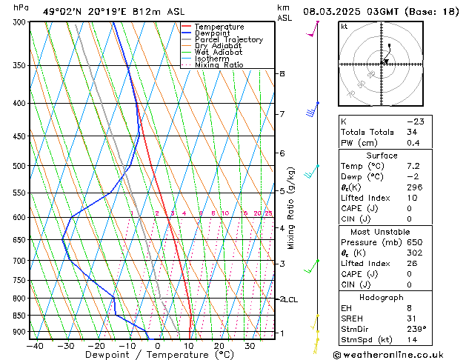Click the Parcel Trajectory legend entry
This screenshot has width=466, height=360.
coord(228,39)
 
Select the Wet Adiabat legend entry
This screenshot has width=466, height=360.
coord(219,52)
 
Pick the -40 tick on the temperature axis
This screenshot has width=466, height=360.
coord(34,345)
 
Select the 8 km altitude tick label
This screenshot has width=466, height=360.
coord(282,74)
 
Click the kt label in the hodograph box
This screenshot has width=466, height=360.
coord(344,27)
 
